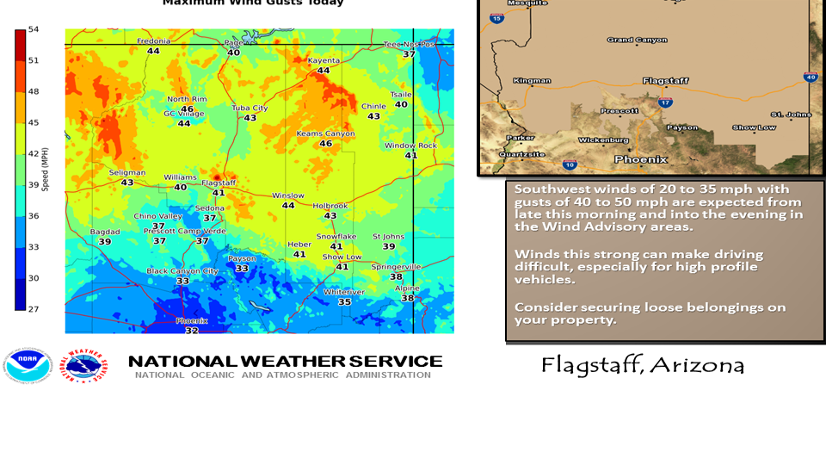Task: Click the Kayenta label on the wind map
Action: click(x=324, y=60)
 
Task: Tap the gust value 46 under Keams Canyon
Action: click(x=325, y=144)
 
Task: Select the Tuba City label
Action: click(x=250, y=108)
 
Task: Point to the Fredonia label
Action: click(x=153, y=41)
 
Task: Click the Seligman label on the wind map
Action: click(x=127, y=172)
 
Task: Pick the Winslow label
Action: click(x=288, y=195)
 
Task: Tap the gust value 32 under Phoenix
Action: click(x=192, y=331)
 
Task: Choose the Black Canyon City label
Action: click(x=182, y=270)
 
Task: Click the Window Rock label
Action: click(x=410, y=146)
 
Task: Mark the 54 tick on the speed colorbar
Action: click(x=34, y=29)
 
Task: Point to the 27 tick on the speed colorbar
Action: click(x=34, y=308)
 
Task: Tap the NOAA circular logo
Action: click(x=28, y=365)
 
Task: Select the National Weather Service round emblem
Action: click(x=83, y=365)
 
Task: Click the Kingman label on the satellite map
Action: click(x=532, y=80)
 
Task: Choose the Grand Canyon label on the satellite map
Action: click(x=638, y=40)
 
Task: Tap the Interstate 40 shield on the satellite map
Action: click(x=810, y=77)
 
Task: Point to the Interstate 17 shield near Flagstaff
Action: click(x=664, y=102)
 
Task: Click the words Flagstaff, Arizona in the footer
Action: click(x=643, y=365)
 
